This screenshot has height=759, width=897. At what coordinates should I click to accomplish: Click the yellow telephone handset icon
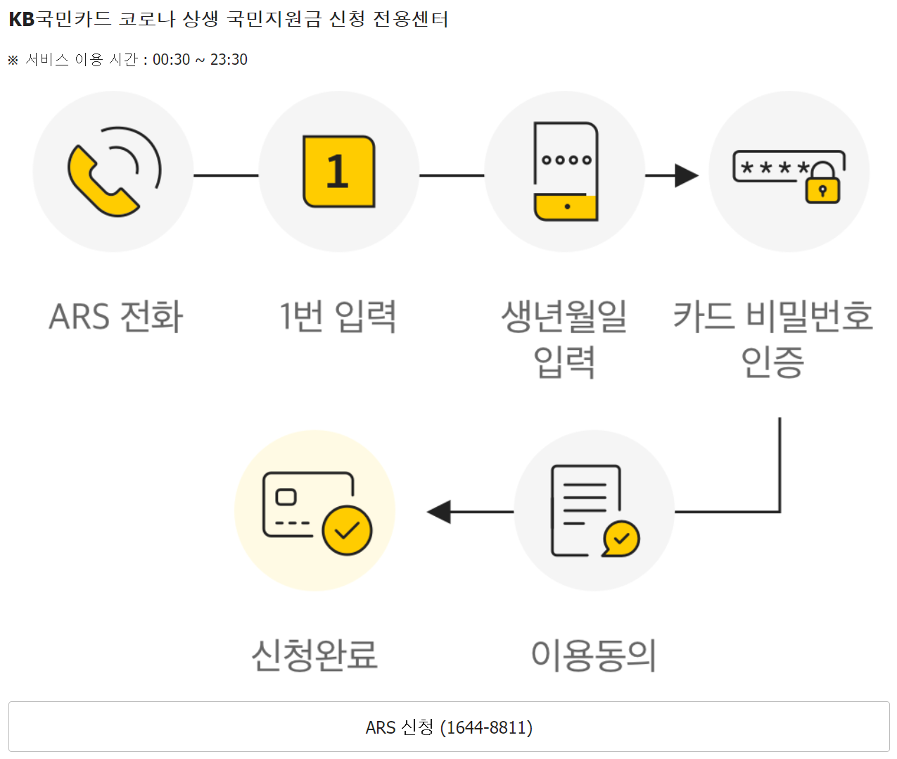tap(100, 182)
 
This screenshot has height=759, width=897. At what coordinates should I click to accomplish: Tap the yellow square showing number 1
tap(338, 172)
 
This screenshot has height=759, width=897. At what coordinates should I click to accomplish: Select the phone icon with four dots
tap(566, 171)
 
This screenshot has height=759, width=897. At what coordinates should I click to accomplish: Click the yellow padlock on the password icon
tap(822, 186)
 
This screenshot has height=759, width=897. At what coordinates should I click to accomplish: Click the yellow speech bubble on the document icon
tap(621, 539)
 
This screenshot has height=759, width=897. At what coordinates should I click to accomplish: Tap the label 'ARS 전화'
tap(116, 316)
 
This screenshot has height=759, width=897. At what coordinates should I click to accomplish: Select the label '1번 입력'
tap(338, 316)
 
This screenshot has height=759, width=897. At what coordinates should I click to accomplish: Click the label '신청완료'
tap(314, 655)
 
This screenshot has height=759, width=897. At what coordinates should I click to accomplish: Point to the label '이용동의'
tap(594, 655)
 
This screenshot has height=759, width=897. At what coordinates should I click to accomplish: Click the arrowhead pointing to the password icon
tap(686, 175)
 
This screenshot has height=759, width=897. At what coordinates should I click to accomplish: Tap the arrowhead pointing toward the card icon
tap(440, 512)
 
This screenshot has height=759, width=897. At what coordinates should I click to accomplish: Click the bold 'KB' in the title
tap(21, 19)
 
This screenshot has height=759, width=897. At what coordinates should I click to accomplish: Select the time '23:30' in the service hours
tap(229, 60)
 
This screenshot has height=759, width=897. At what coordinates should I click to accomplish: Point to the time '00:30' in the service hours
tap(171, 60)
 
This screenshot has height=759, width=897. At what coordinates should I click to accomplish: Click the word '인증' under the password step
tap(772, 362)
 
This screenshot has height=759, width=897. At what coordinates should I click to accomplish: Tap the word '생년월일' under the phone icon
tap(564, 316)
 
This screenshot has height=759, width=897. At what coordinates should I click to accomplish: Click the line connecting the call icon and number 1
tap(226, 175)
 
